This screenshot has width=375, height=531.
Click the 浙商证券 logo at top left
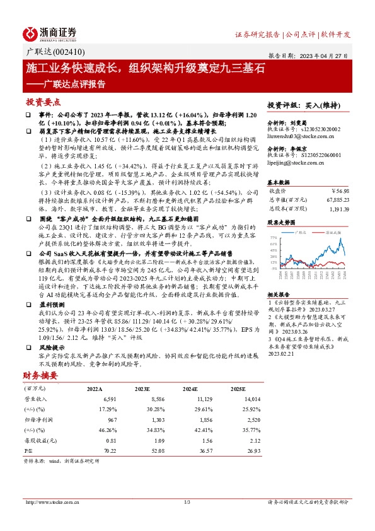[50, 33]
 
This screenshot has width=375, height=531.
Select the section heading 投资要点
[43, 101]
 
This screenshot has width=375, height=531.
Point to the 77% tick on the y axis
[273, 236]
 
